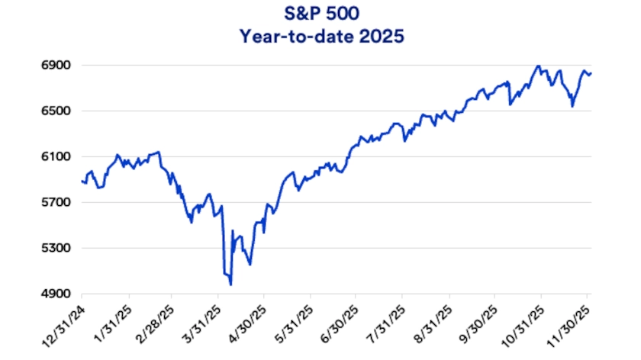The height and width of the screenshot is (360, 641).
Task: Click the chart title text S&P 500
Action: (x=320, y=14)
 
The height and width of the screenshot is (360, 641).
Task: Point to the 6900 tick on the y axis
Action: (x=56, y=66)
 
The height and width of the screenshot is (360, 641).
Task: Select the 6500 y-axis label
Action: (x=56, y=111)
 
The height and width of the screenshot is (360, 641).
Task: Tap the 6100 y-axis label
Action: (x=56, y=157)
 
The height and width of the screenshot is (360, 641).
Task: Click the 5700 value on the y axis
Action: (x=56, y=203)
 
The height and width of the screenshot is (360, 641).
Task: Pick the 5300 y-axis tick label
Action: (x=56, y=249)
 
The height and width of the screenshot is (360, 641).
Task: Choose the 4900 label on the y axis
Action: (x=56, y=294)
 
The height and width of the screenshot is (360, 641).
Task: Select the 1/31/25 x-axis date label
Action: (x=113, y=321)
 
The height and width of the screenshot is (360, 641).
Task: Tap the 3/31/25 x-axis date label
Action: (x=201, y=321)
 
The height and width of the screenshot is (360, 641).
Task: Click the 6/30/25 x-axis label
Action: (x=340, y=321)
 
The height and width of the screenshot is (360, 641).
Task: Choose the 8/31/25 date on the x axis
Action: (x=433, y=321)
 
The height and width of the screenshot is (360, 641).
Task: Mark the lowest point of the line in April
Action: (x=230, y=284)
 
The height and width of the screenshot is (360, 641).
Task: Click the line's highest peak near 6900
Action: (x=538, y=66)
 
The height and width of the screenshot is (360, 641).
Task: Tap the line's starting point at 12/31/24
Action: (x=82, y=181)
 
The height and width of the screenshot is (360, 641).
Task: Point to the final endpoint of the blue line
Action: (x=591, y=73)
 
